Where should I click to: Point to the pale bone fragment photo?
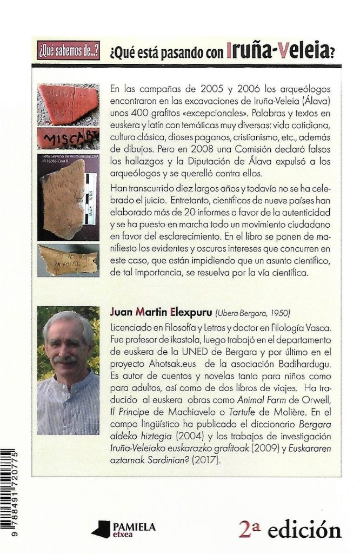click(68, 262)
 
